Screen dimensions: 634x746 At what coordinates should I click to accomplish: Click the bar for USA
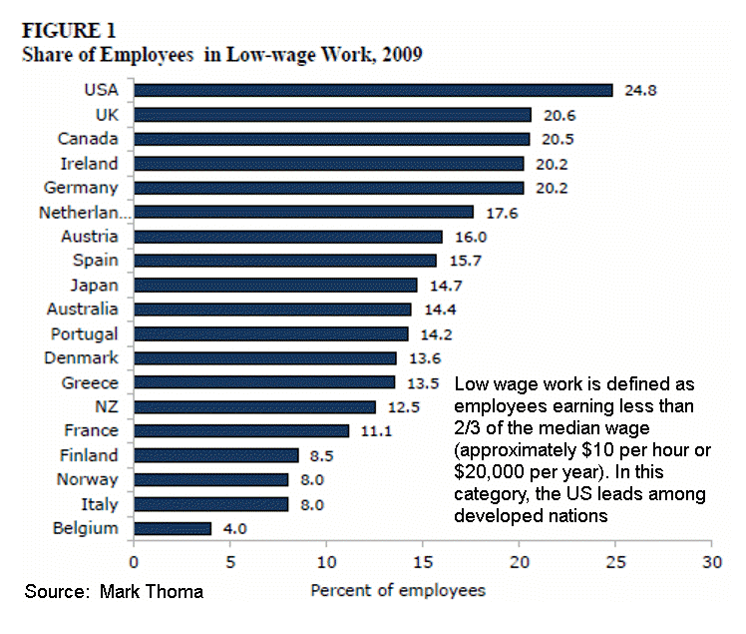pos(373,90)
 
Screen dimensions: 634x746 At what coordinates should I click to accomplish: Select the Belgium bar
pos(173,528)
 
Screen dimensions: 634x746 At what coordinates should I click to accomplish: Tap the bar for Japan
pos(275,285)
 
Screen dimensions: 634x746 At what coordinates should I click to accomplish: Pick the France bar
pos(241,430)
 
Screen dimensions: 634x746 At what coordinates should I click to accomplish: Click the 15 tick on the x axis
pos(422,561)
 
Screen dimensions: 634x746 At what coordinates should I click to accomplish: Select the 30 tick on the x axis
pos(710,561)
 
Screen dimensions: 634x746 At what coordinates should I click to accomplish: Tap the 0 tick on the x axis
pos(134,561)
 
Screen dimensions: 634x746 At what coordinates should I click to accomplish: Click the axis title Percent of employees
pos(398,590)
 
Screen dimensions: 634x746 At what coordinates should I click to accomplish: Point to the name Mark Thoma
pos(152,592)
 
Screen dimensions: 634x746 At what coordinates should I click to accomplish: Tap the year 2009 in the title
pos(401,54)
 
